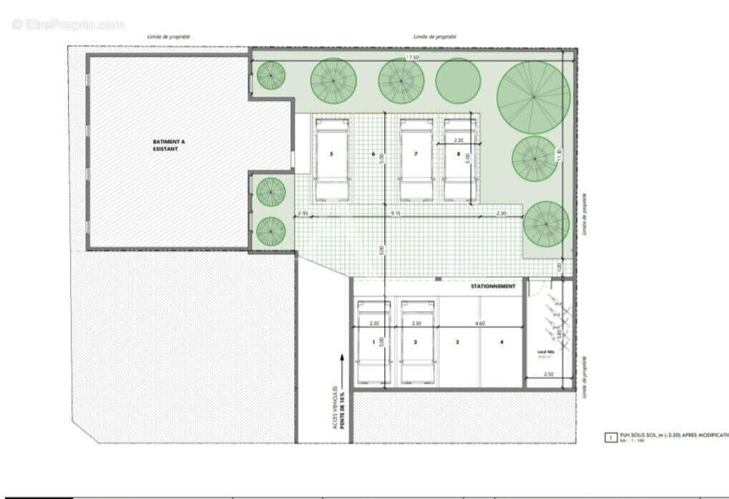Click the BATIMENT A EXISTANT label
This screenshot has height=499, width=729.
(169, 146)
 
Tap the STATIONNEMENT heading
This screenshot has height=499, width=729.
(493, 286)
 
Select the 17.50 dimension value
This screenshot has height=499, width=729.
(412, 56)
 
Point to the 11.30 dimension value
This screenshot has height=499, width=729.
(560, 154)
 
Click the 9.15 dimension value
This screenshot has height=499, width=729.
(396, 213)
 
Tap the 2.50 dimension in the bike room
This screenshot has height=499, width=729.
(549, 374)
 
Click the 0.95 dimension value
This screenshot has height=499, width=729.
(303, 213)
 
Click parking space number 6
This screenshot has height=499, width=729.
(373, 154)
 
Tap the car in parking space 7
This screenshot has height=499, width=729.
(414, 159)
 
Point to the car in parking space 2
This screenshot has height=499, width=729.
(417, 342)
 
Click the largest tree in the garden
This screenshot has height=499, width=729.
(534, 97)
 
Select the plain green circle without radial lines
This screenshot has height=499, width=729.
(458, 81)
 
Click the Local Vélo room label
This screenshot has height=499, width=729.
(547, 352)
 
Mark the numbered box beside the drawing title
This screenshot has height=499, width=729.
(610, 436)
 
